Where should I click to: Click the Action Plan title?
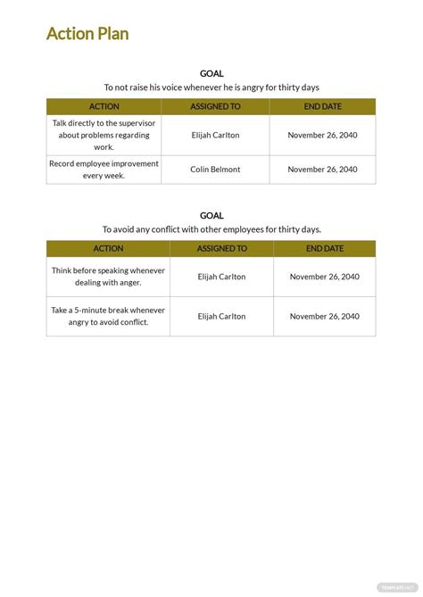[x=87, y=34]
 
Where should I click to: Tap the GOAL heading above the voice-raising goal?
[x=211, y=73]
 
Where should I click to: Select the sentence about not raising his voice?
[x=211, y=87]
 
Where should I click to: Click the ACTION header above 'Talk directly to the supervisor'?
[x=104, y=107]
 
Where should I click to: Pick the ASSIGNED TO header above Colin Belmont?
[x=215, y=107]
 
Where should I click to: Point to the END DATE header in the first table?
[x=322, y=107]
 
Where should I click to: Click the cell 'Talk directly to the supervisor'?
[x=104, y=135]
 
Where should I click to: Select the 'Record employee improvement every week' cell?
[x=104, y=170]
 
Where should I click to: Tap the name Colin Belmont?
[x=215, y=170]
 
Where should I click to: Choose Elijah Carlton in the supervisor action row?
[x=215, y=135]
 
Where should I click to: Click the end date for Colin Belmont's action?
[x=322, y=170]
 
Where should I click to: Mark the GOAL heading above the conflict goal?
[x=211, y=215]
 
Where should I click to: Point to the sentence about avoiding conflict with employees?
[x=211, y=229]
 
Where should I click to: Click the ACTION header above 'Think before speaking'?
[x=108, y=249]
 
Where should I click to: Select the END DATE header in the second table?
[x=325, y=249]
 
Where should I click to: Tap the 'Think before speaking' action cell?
[x=108, y=277]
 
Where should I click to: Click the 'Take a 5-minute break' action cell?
[x=108, y=316]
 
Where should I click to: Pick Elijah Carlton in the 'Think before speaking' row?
[x=221, y=277]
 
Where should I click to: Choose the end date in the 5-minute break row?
[x=325, y=316]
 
